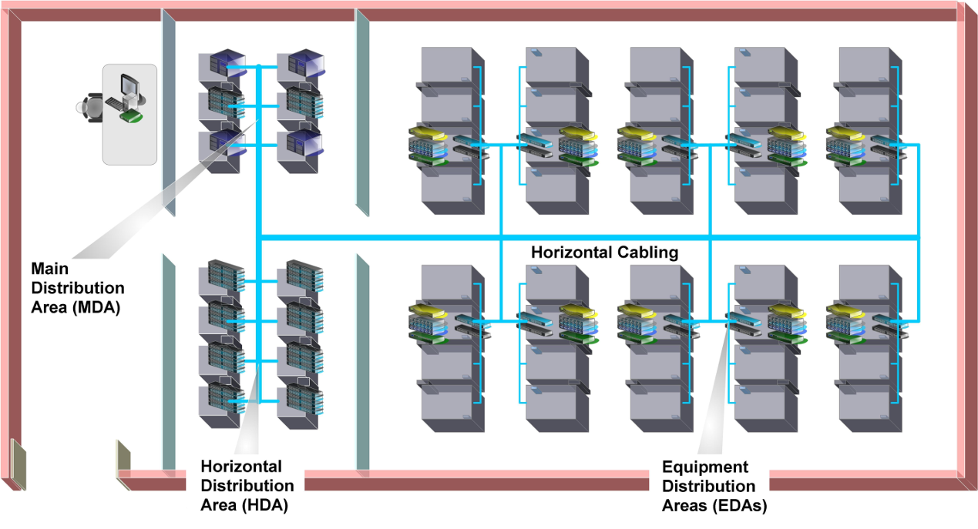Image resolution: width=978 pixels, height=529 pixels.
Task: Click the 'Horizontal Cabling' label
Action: coord(605,253)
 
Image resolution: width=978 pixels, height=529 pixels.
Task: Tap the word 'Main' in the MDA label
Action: coord(48,269)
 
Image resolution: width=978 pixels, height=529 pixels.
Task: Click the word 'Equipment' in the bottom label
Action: coord(705,467)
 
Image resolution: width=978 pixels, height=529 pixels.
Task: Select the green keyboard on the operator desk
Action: coord(132,116)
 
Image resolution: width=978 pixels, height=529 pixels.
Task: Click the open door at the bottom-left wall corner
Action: coord(18,464)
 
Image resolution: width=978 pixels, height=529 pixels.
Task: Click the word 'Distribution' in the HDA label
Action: coord(247,486)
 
